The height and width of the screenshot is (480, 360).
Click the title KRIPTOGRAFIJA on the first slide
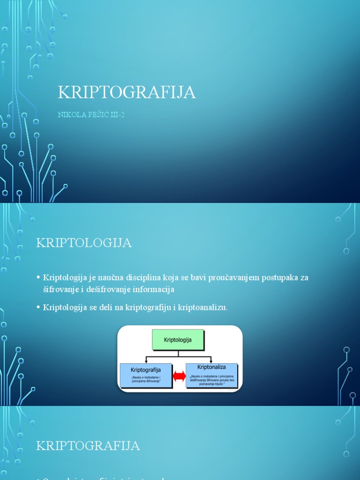click(x=127, y=92)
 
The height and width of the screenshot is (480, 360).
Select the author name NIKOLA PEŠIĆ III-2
click(x=91, y=115)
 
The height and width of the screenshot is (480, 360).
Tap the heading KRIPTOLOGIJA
click(x=84, y=243)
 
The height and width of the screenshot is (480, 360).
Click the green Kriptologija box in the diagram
click(x=178, y=339)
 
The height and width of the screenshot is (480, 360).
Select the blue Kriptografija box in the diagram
click(x=146, y=375)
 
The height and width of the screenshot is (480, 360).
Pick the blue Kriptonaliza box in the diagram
click(x=212, y=375)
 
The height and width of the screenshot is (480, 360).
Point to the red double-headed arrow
click(x=179, y=376)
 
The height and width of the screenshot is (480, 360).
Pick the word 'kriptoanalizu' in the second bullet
click(x=199, y=307)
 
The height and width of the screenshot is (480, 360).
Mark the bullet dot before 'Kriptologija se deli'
click(x=38, y=307)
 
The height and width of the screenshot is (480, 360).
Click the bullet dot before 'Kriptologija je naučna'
click(x=38, y=277)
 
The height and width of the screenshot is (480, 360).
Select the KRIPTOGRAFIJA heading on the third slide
click(x=88, y=446)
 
